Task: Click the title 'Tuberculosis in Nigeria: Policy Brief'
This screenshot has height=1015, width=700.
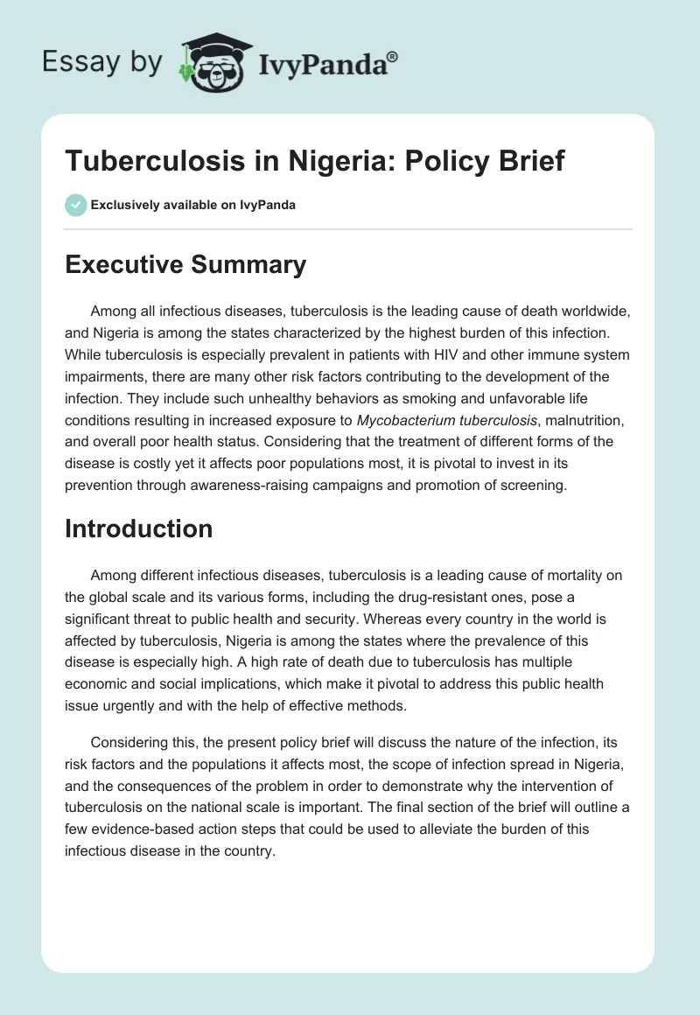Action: (315, 162)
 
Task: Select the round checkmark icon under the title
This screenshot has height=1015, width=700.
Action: (75, 205)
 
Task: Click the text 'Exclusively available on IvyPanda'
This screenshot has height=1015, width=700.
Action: (193, 205)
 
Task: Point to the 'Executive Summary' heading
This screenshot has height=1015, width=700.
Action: (185, 265)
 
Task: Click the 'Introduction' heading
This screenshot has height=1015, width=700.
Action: (139, 528)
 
